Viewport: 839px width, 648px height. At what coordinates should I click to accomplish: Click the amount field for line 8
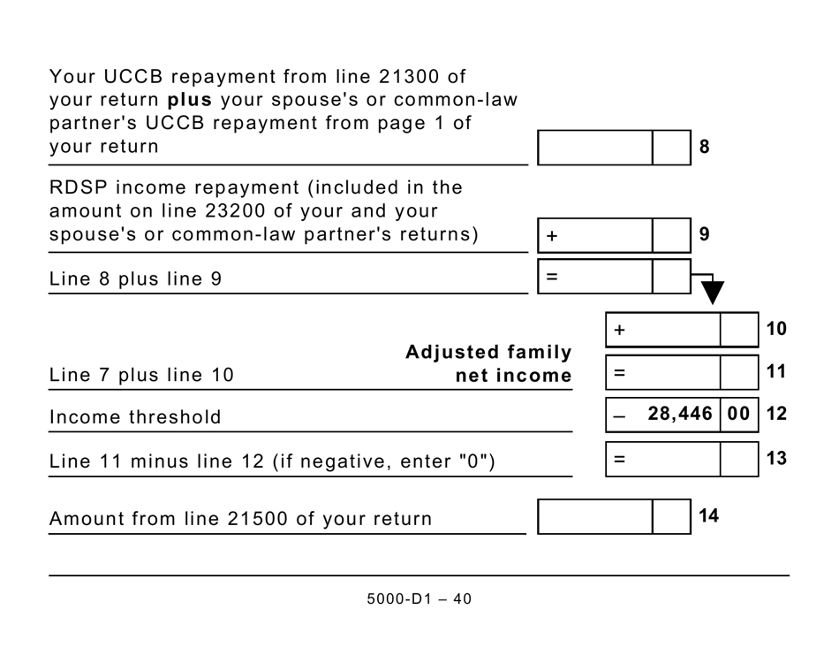pos(595,147)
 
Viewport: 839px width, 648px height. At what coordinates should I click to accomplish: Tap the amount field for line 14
pos(595,516)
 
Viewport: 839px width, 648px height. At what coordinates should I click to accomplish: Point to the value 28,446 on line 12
pos(680,414)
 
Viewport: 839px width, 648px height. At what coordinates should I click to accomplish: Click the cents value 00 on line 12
pos(739,414)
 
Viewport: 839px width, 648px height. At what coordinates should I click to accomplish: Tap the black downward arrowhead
pos(712,294)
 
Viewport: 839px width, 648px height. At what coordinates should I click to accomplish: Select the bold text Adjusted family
pos(488,353)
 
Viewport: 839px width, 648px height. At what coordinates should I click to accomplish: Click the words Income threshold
pos(135,417)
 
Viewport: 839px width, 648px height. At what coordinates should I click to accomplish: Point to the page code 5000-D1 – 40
pos(419,599)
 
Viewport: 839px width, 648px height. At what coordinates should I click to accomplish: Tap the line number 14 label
pos(708,516)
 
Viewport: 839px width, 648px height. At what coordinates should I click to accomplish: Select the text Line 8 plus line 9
pos(135,279)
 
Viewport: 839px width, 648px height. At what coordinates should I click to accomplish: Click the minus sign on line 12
pos(619,415)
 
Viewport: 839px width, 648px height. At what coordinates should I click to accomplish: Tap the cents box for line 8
pos(671,147)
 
